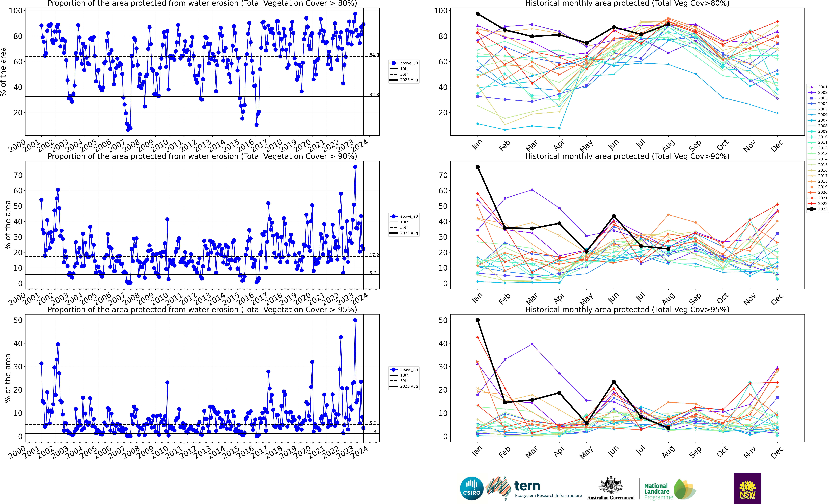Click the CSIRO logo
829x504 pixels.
point(472,488)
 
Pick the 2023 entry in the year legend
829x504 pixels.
point(818,209)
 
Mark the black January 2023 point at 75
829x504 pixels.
point(477,167)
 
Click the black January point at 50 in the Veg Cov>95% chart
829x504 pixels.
point(477,320)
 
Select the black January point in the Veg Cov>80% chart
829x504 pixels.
point(477,14)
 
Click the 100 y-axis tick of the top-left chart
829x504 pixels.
point(15,11)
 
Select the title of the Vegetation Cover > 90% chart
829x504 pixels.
point(202,156)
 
